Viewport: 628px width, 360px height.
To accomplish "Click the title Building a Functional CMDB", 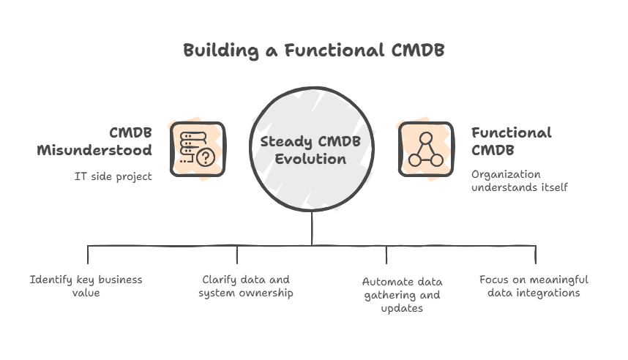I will (313, 50).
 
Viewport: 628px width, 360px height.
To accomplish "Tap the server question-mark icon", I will (197, 149).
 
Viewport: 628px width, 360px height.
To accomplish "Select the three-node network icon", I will (425, 149).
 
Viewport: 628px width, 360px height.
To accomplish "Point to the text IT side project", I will (113, 176).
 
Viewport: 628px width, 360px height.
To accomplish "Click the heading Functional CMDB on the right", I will (511, 141).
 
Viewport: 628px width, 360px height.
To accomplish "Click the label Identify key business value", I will (86, 285).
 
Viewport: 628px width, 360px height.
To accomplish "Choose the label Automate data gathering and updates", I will (401, 294).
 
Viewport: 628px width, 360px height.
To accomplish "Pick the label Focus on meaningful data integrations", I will (534, 285).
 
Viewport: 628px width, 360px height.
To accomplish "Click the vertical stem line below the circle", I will (313, 227).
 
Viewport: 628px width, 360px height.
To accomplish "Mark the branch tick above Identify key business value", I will (88, 254).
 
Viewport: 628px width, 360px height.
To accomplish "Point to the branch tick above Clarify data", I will (237, 254).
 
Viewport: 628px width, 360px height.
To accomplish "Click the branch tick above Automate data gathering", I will (386, 254).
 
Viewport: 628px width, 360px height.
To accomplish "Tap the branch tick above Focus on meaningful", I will (536, 254).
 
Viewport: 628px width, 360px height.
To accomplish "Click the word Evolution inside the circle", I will (310, 159).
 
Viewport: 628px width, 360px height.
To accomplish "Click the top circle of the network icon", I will (425, 138).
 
